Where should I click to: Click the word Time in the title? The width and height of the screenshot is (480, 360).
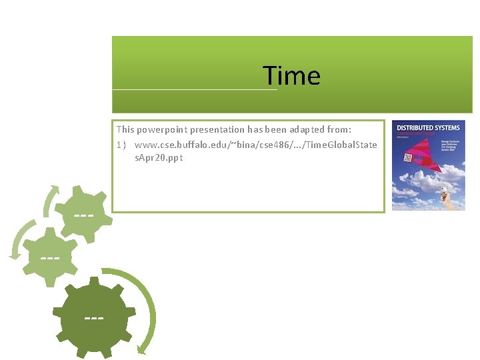tap(291, 76)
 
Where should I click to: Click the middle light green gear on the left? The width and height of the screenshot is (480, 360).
tap(49, 256)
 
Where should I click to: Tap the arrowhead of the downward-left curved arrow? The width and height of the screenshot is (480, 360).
tap(14, 255)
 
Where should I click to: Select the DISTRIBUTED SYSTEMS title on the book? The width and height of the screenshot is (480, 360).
tap(427, 127)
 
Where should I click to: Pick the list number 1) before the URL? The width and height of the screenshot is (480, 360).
tap(121, 145)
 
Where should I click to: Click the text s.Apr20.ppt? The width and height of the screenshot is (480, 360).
tap(159, 158)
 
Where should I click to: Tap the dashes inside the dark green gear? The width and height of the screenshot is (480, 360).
tap(94, 318)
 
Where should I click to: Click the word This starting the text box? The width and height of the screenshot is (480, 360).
tap(125, 130)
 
